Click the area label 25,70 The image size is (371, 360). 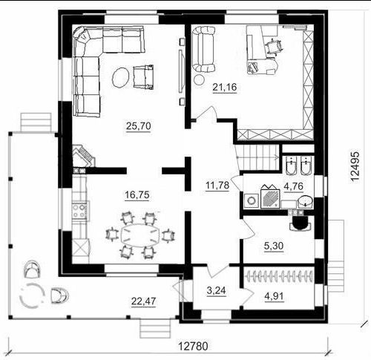click(x=139, y=126)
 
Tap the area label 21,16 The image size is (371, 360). click(x=225, y=87)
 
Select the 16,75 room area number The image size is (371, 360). click(x=137, y=195)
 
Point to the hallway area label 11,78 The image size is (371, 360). click(x=217, y=185)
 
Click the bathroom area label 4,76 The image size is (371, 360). click(x=294, y=186)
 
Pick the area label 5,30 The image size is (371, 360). click(x=274, y=246)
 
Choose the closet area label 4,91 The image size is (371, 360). click(x=274, y=296)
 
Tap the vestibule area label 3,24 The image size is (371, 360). click(x=216, y=290)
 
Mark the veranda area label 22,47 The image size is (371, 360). click(x=144, y=301)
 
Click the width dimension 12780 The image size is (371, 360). click(x=193, y=347)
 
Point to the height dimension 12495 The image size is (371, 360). click(x=355, y=166)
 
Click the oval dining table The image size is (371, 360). click(x=140, y=235)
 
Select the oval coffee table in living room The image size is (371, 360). click(x=120, y=77)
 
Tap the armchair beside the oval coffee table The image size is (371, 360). click(x=143, y=76)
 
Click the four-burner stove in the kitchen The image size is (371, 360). click(x=79, y=211)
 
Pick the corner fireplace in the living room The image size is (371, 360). click(x=83, y=156)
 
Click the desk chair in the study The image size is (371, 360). click(x=274, y=46)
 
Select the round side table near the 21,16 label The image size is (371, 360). click(x=199, y=79)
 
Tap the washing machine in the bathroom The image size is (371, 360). click(x=252, y=200)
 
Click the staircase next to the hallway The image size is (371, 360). click(x=257, y=157)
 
